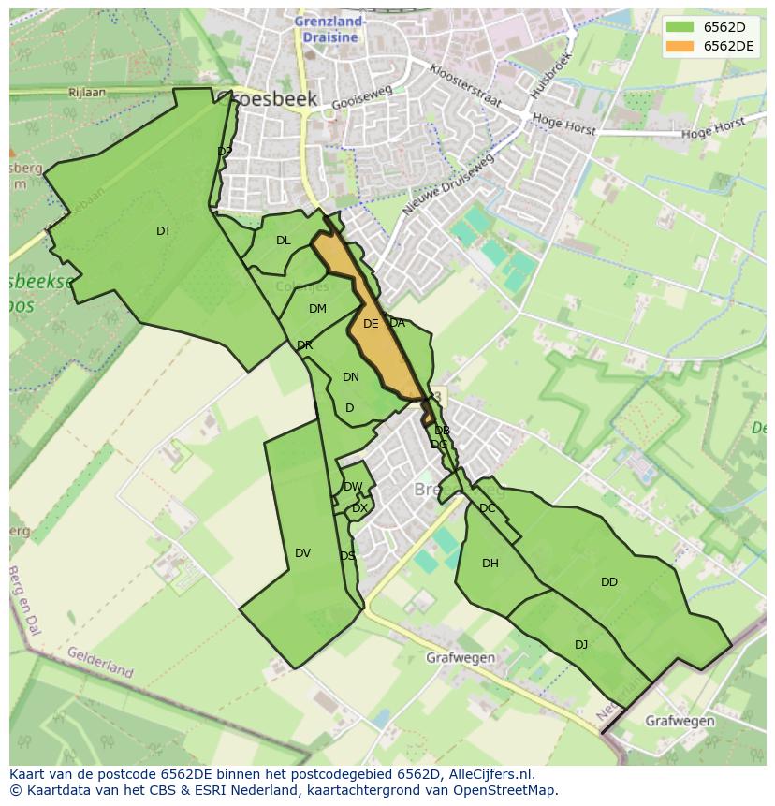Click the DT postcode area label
[x=164, y=231]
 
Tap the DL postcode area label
[x=284, y=241]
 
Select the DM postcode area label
[x=317, y=309]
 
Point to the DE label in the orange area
[x=371, y=324]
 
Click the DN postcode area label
[x=351, y=377]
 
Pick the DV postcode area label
[x=302, y=553]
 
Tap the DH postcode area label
[x=490, y=564]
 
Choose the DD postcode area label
[x=609, y=582]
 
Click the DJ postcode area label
[x=581, y=644]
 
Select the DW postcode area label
[x=353, y=487]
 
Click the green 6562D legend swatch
[x=680, y=27]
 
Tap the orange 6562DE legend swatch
[x=680, y=46]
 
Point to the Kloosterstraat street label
[x=465, y=85]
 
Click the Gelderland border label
[x=100, y=662]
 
